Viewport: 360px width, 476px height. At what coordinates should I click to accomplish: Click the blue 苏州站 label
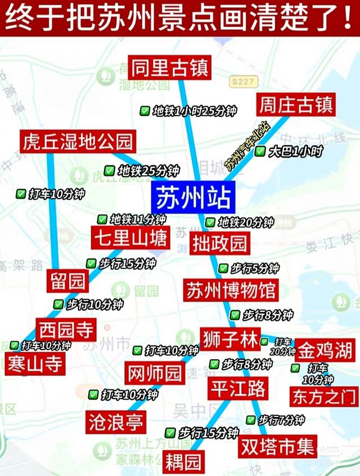(x=191, y=198)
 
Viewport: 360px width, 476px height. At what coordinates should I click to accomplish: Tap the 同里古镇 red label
(x=161, y=68)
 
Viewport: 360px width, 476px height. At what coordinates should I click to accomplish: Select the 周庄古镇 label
(x=295, y=105)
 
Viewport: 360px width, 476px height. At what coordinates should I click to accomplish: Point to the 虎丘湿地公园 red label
(x=78, y=141)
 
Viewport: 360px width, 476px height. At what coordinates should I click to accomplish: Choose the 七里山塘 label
(x=129, y=239)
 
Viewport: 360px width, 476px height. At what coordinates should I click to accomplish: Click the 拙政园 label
(x=219, y=244)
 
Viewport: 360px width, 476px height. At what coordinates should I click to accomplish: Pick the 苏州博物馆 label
(x=231, y=291)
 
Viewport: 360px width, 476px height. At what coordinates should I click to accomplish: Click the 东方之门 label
(x=325, y=396)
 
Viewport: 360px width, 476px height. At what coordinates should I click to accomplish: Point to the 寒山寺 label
(x=34, y=364)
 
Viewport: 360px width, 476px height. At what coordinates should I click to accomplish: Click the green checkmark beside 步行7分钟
(x=251, y=420)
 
